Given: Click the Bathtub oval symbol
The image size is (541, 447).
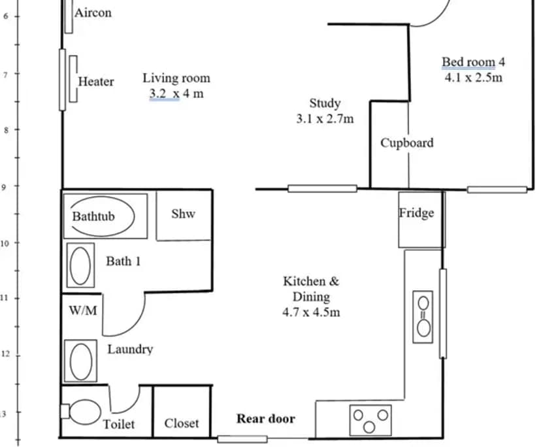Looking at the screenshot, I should click(x=103, y=216).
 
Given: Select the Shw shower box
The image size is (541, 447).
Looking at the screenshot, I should click(x=184, y=214).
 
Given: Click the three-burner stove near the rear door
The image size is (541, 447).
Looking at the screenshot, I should click(x=370, y=419).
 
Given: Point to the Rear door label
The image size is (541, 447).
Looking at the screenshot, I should click(x=265, y=419).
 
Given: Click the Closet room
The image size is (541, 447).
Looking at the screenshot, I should click(x=182, y=423).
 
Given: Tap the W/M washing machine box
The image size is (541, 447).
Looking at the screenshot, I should click(x=82, y=311).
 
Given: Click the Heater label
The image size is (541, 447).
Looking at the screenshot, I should click(x=96, y=82).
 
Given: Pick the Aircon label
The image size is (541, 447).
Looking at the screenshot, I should click(x=93, y=12).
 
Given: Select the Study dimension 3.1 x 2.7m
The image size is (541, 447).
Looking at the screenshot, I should click(x=325, y=119).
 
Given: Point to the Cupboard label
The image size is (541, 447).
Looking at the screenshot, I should click(x=406, y=142).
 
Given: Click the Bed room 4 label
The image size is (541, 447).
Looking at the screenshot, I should click(x=474, y=62).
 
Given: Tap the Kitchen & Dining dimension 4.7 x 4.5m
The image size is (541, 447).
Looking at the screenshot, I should click(x=311, y=312).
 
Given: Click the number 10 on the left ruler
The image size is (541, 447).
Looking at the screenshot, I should click(x=5, y=243).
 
